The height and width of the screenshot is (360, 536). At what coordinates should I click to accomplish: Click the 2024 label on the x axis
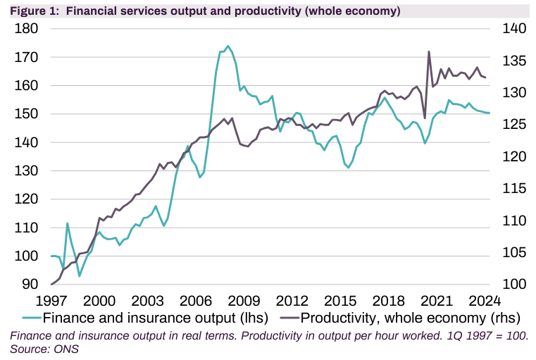click(x=485, y=299)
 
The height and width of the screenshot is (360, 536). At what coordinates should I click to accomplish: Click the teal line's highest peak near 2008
click(x=228, y=46)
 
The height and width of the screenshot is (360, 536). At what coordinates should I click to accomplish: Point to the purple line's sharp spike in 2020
click(x=429, y=51)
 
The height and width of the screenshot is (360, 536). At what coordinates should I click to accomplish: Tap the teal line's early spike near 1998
click(x=68, y=223)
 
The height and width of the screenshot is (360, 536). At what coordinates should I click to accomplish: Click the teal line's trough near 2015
click(x=349, y=168)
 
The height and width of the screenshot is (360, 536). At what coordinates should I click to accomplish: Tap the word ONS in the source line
click(x=67, y=349)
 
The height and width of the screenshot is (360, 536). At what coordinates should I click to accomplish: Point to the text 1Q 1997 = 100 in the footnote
click(x=485, y=335)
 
